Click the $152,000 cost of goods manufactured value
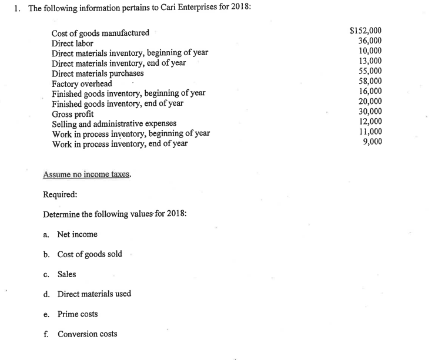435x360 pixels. coord(365,32)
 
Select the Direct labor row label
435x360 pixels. coord(72,43)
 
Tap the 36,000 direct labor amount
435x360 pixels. coord(370,41)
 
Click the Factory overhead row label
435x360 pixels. coord(82,83)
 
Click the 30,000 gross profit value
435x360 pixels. coord(370,111)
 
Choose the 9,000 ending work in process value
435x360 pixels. coord(372,141)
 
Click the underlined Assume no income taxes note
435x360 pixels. coord(87,174)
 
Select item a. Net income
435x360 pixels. coord(77,234)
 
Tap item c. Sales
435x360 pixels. coord(66,274)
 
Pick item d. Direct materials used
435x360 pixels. coord(93,294)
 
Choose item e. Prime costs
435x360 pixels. coord(77,314)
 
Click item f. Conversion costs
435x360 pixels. coord(87,334)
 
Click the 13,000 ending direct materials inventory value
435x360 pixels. coord(370,60)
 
